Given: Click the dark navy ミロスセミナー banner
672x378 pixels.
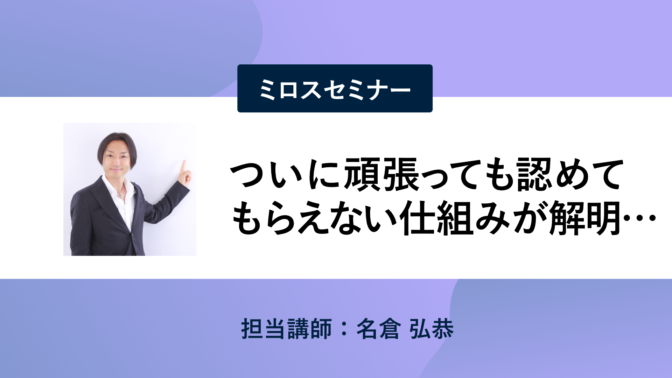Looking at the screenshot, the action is pyautogui.click(x=335, y=88).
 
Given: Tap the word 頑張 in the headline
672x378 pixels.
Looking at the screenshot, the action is pyautogui.click(x=382, y=174).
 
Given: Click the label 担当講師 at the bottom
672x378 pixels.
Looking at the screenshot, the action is pyautogui.click(x=287, y=329).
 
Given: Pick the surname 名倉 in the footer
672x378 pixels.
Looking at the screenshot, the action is pyautogui.click(x=378, y=329).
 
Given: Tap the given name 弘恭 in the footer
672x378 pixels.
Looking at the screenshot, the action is pyautogui.click(x=432, y=329).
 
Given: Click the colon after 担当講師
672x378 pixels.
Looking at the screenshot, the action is pyautogui.click(x=344, y=329).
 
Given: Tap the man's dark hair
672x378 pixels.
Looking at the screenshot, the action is pyautogui.click(x=117, y=143).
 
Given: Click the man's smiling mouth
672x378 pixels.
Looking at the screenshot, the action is pyautogui.click(x=116, y=171).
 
